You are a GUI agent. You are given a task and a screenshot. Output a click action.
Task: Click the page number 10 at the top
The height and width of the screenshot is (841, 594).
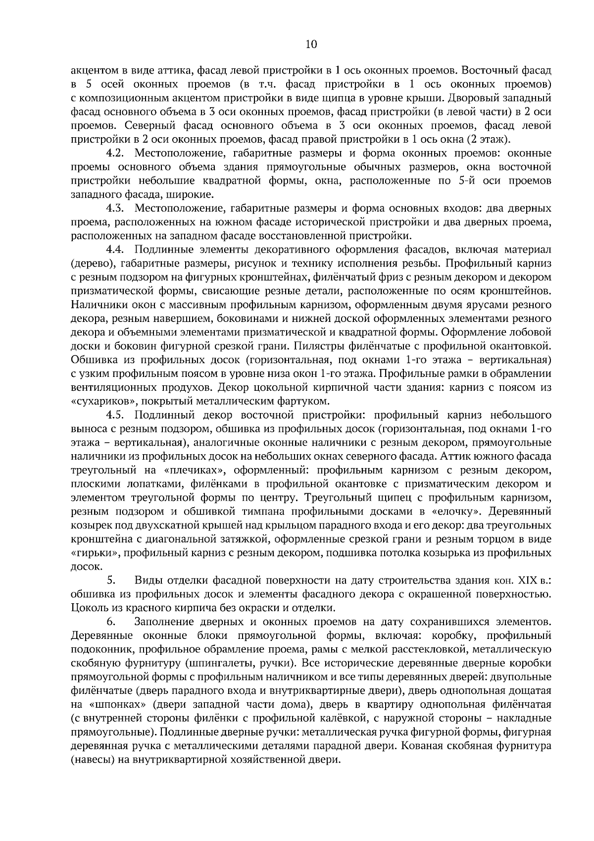(x=311, y=45)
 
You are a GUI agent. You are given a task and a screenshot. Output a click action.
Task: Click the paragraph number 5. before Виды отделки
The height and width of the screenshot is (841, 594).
(x=111, y=579)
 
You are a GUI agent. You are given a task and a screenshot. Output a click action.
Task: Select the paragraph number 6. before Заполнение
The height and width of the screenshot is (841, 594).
(x=111, y=621)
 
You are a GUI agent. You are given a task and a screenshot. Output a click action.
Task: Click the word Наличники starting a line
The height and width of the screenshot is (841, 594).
(x=97, y=304)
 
